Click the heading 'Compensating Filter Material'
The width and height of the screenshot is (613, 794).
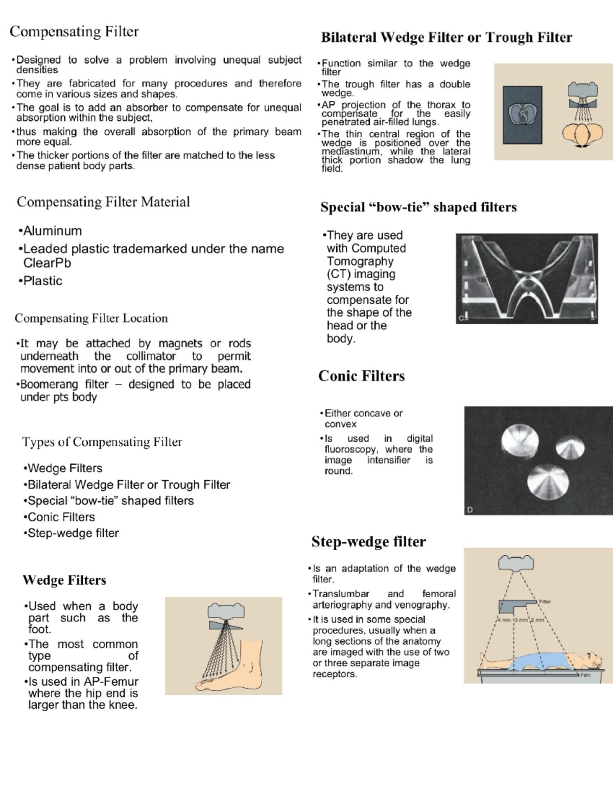pyautogui.click(x=103, y=202)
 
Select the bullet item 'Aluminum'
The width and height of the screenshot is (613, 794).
pyautogui.click(x=52, y=231)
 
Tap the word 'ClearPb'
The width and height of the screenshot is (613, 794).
pyautogui.click(x=47, y=263)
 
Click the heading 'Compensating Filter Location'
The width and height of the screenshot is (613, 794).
pyautogui.click(x=91, y=318)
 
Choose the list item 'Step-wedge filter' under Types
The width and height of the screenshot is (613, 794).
pyautogui.click(x=73, y=533)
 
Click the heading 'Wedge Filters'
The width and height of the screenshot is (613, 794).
pyautogui.click(x=64, y=580)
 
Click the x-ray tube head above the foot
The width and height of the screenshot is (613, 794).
pyautogui.click(x=226, y=611)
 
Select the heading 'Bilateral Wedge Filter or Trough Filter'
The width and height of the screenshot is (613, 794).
pyautogui.click(x=446, y=37)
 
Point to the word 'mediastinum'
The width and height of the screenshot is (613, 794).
pyautogui.click(x=350, y=151)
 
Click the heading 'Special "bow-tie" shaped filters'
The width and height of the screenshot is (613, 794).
pyautogui.click(x=418, y=207)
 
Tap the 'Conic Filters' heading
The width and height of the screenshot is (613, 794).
pyautogui.click(x=361, y=376)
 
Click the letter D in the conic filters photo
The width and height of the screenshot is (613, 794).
pyautogui.click(x=470, y=510)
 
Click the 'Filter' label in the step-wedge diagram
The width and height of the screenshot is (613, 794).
pyautogui.click(x=545, y=601)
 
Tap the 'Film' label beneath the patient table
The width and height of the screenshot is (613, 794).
pyautogui.click(x=585, y=675)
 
